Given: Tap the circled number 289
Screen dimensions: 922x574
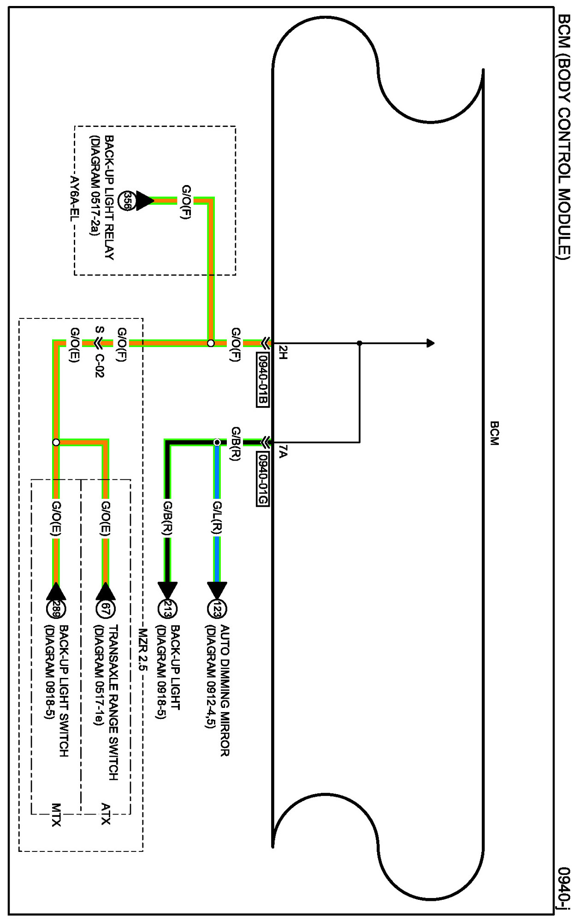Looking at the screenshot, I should (x=56, y=609).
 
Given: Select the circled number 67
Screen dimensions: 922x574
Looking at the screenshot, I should (x=106, y=609).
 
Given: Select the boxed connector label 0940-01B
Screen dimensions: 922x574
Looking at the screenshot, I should (x=262, y=380).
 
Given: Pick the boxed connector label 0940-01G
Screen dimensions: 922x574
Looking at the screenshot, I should (x=262, y=479).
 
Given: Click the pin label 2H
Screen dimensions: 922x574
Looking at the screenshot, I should (x=283, y=352).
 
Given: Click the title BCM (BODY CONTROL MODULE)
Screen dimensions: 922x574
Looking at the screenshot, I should (x=564, y=137).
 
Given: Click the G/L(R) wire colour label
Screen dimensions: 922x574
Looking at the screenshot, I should (x=217, y=518).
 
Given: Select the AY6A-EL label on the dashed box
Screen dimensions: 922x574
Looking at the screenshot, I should (x=74, y=198).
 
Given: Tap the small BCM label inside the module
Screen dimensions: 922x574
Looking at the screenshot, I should (x=494, y=433).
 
